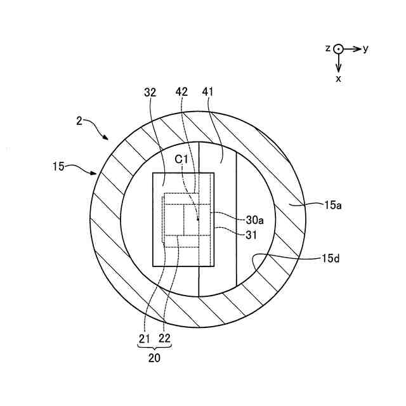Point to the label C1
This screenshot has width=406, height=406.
click(x=182, y=159)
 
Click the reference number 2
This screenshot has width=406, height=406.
click(x=79, y=121)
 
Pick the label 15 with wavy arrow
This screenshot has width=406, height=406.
click(x=58, y=167)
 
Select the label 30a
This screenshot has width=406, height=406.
click(x=255, y=220)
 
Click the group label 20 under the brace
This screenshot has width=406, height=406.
click(x=154, y=358)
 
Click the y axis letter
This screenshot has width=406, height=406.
click(x=366, y=49)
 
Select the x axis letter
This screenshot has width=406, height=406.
click(x=339, y=79)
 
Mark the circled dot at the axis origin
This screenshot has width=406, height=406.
click(x=339, y=49)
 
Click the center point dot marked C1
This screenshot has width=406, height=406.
click(x=199, y=220)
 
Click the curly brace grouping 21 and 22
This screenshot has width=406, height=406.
click(x=154, y=347)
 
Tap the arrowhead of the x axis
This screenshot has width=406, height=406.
click(x=339, y=68)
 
